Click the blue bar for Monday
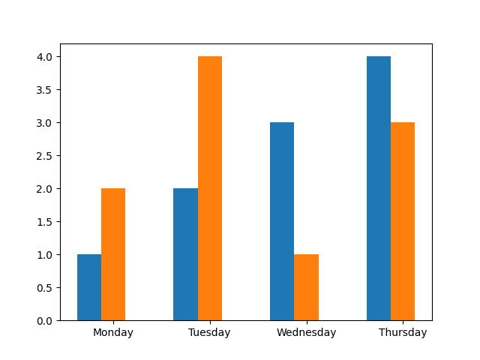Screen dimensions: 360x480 (89, 287)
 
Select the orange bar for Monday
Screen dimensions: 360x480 (113, 254)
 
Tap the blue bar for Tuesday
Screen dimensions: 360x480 (185, 254)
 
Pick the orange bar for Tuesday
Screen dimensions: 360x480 (210, 188)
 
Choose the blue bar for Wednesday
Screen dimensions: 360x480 (282, 221)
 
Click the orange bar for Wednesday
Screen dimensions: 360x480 (306, 287)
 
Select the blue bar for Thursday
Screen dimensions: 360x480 (379, 188)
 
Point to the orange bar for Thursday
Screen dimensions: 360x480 (403, 221)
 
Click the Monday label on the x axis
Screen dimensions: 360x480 (113, 332)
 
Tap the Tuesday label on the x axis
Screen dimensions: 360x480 (209, 332)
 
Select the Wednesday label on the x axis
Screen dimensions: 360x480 (306, 332)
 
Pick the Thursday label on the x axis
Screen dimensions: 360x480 (403, 332)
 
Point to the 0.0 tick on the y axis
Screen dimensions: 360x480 (45, 321)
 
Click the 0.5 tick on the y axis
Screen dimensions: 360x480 (45, 288)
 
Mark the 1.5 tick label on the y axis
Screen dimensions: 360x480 (45, 222)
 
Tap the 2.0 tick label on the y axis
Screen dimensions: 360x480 (45, 189)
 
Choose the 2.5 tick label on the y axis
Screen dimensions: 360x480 (45, 156)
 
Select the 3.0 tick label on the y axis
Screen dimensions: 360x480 (45, 123)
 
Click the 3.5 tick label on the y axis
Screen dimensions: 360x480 (45, 90)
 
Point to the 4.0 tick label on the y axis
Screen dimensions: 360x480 (45, 57)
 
